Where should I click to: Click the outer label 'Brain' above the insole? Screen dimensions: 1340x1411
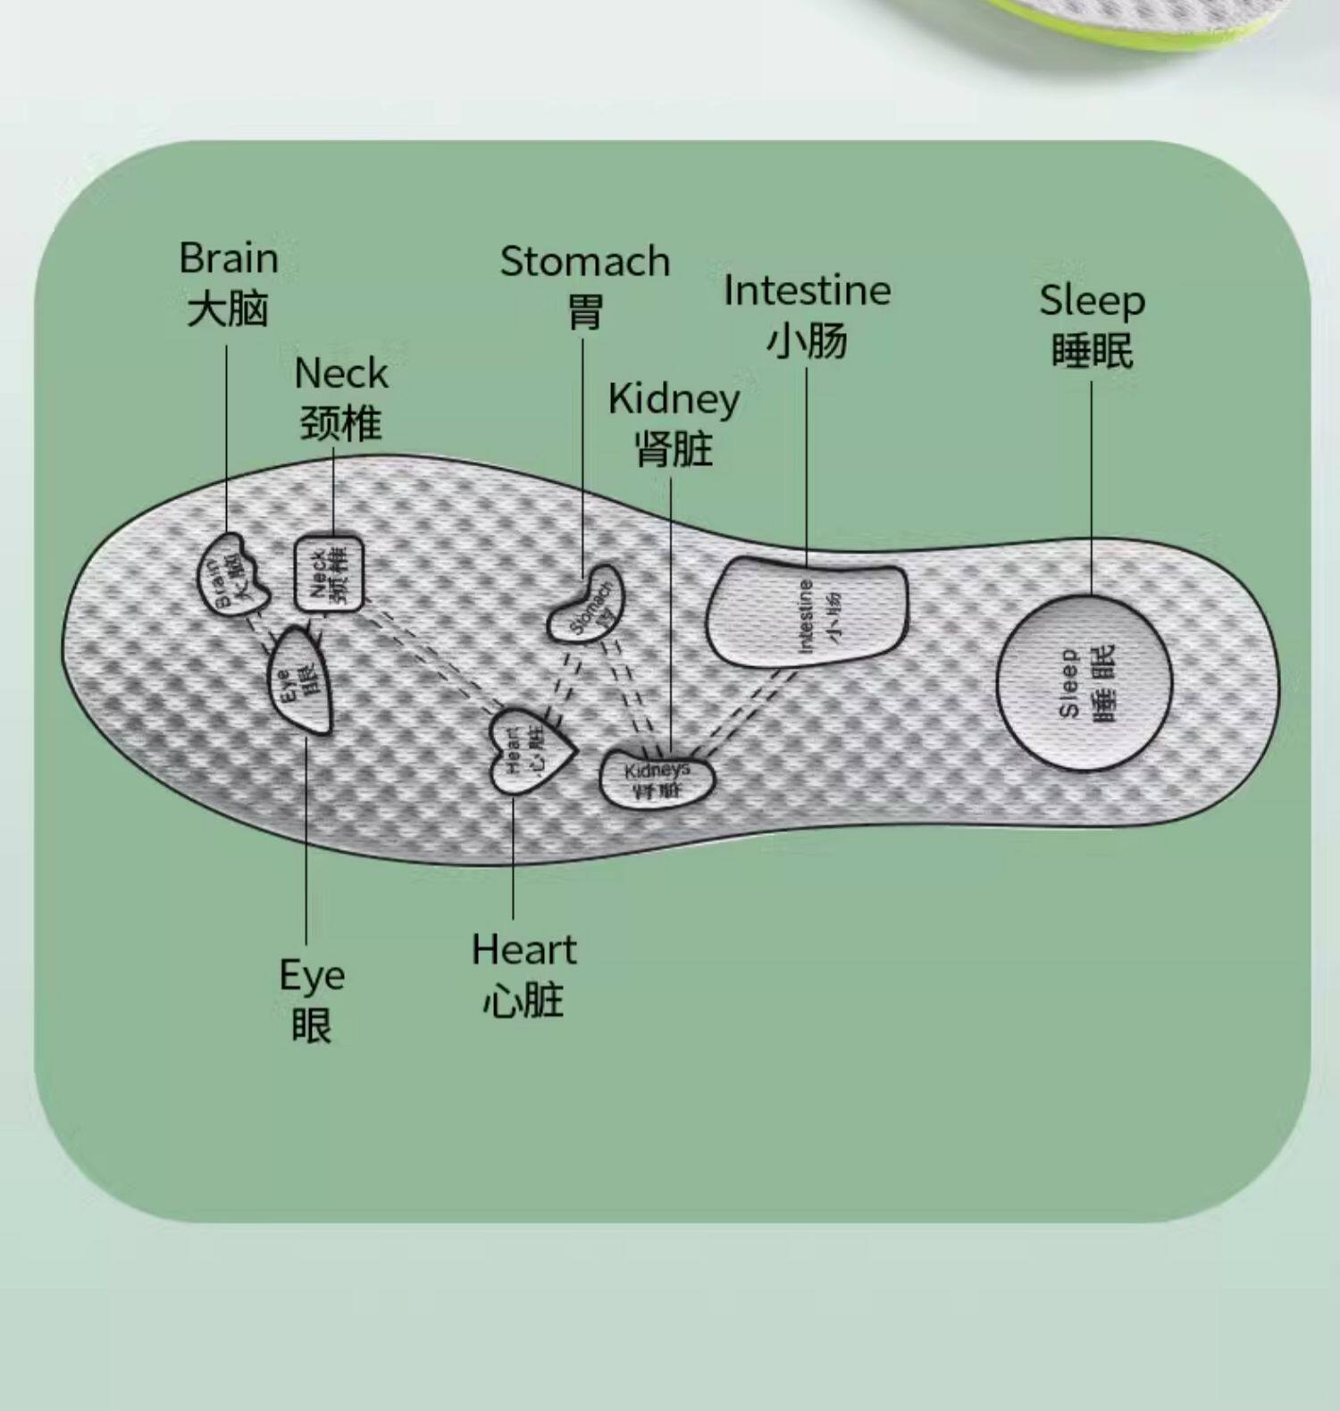pos(229,259)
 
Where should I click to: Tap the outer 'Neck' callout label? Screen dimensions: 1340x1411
pos(341,373)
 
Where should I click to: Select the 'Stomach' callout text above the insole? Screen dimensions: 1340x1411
pos(585,262)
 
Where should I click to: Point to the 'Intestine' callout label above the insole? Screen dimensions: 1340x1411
pos(807,291)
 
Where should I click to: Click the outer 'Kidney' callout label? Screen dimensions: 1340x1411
pos(674,399)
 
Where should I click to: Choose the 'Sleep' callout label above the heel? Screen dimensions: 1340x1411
pos(1092,301)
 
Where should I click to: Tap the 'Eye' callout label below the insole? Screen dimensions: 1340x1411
pos(311,975)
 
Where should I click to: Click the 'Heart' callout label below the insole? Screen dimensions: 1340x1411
pos(524,949)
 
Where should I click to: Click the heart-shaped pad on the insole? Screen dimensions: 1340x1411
pos(530,750)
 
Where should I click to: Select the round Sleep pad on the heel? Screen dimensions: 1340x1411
pos(1085,683)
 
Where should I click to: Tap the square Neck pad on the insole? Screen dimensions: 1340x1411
pos(330,572)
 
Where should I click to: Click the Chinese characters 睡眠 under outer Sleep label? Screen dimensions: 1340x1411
pos(1092,351)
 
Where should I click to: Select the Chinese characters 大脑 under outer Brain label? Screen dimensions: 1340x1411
pos(228,310)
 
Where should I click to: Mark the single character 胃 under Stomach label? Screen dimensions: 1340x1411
pos(585,313)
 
